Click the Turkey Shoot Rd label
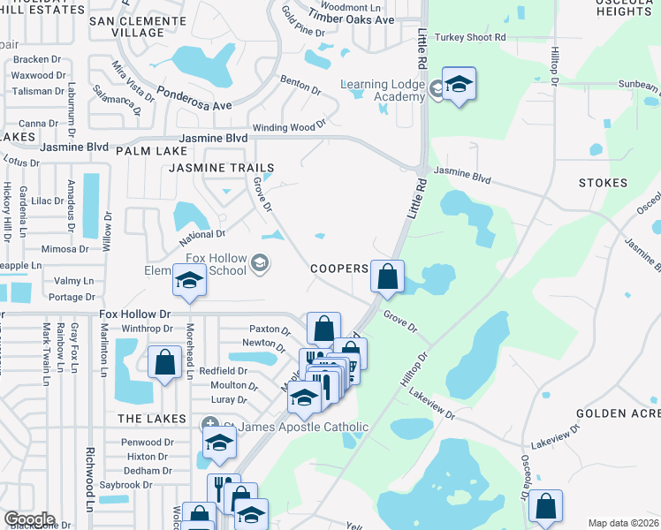[x=475, y=37]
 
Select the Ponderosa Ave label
[x=194, y=97]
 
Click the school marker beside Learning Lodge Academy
[x=459, y=86]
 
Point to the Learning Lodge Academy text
[x=383, y=90]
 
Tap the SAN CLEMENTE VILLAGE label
[x=140, y=26]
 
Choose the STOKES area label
[x=603, y=184]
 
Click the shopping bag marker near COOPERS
[x=387, y=277]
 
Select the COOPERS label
[x=338, y=268]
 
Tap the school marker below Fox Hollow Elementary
[x=189, y=281]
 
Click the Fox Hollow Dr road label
[x=134, y=314]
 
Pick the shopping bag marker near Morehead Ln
[x=164, y=362]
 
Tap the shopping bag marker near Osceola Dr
[x=545, y=507]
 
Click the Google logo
[x=29, y=520]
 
